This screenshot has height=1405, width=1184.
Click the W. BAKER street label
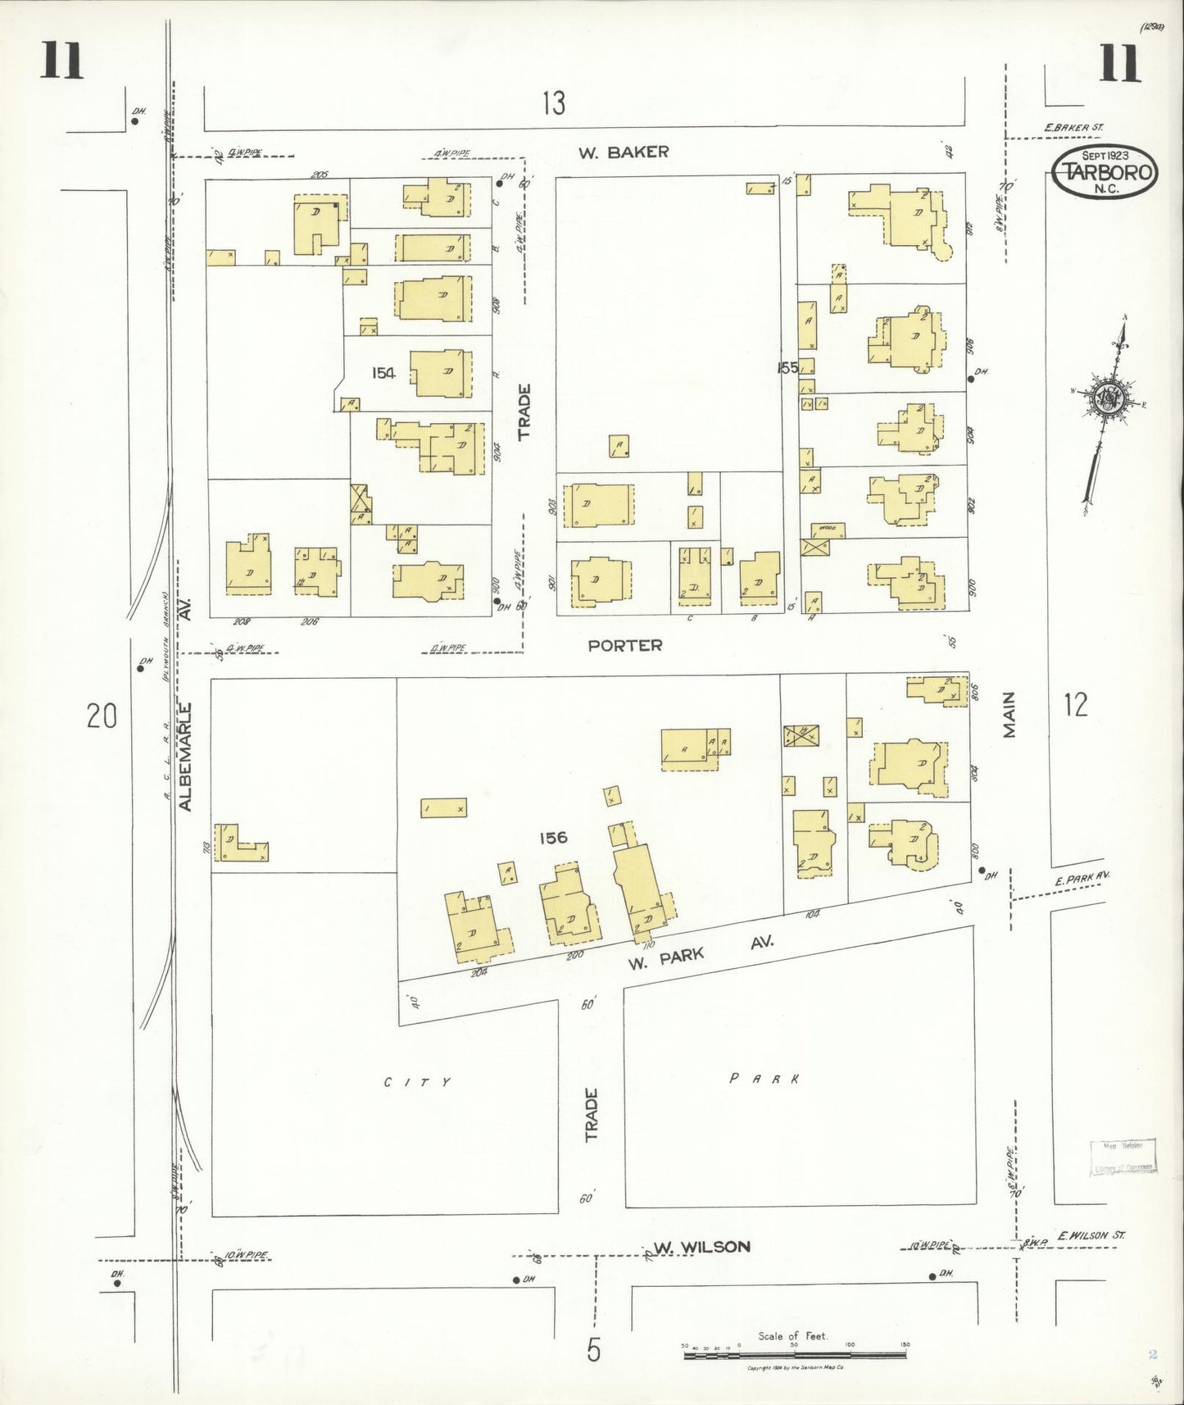point(624,152)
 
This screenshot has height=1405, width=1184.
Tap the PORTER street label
point(625,646)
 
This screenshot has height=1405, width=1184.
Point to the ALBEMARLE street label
point(185,757)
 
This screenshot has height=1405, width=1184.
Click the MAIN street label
point(1009,715)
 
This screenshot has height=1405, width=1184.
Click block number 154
point(383,373)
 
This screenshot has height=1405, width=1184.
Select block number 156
point(553,838)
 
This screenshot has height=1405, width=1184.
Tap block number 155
point(787,368)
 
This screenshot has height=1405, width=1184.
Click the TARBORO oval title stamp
point(1105,172)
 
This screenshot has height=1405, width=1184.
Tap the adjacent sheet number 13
point(554,103)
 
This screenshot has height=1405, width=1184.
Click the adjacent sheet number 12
point(1075,704)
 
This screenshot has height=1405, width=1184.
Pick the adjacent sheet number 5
point(593,1349)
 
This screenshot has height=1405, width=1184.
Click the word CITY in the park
point(418,1082)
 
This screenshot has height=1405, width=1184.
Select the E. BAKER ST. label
point(1074,128)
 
